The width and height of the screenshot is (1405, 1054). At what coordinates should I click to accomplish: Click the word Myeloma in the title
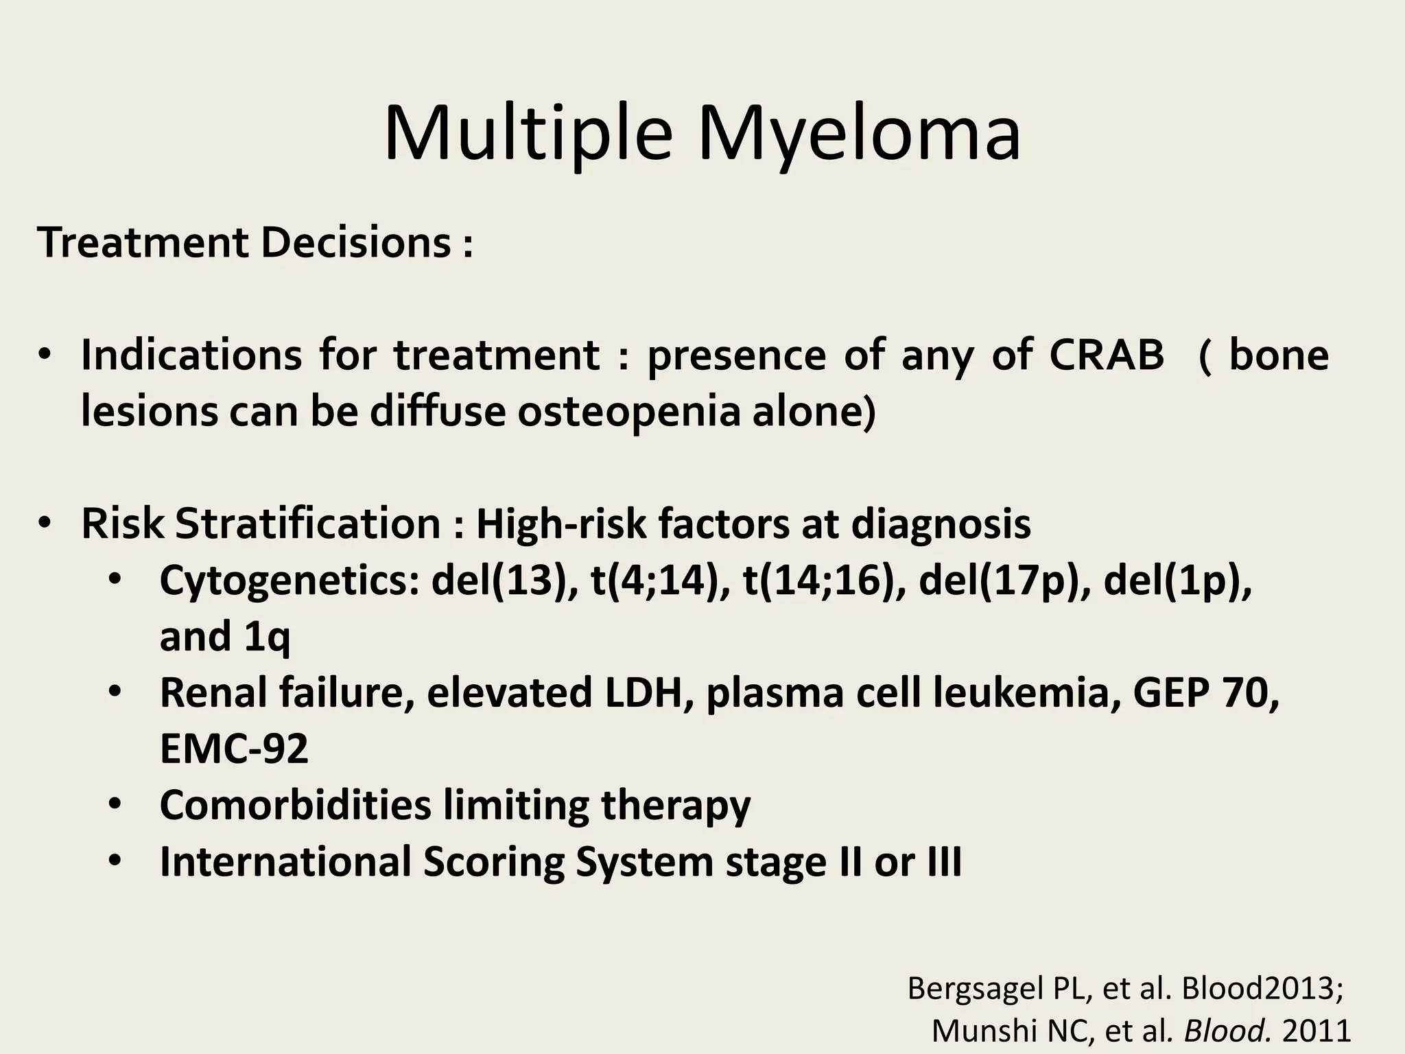click(x=859, y=134)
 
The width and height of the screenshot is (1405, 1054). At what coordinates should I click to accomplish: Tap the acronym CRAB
click(x=1107, y=355)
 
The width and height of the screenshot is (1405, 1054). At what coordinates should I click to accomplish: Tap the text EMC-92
click(x=234, y=749)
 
